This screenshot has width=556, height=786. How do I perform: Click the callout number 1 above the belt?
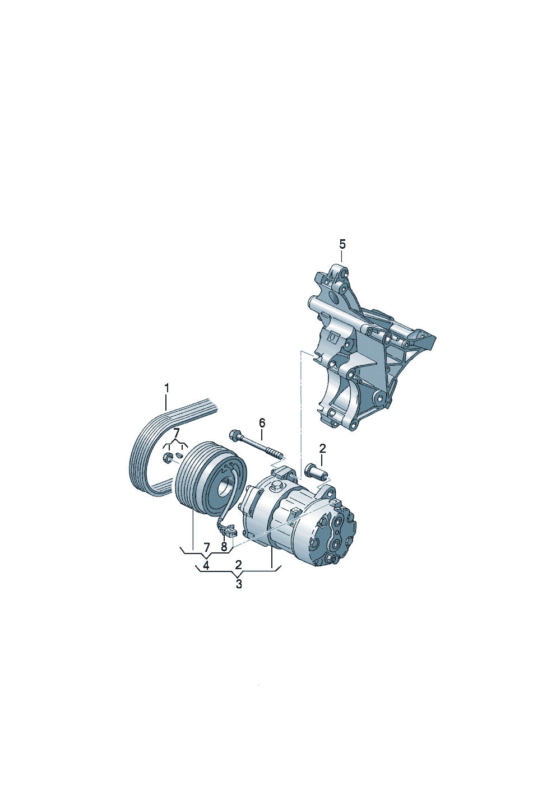[166, 388]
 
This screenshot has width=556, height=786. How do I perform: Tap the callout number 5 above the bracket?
[342, 244]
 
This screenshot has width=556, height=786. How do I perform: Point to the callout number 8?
[224, 547]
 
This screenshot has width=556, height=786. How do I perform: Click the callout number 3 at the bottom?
[239, 584]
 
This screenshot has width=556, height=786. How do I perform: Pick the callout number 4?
[206, 566]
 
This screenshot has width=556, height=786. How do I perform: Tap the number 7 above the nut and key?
[176, 432]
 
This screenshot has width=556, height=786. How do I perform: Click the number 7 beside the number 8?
[207, 547]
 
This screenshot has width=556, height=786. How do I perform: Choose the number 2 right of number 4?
[239, 565]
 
